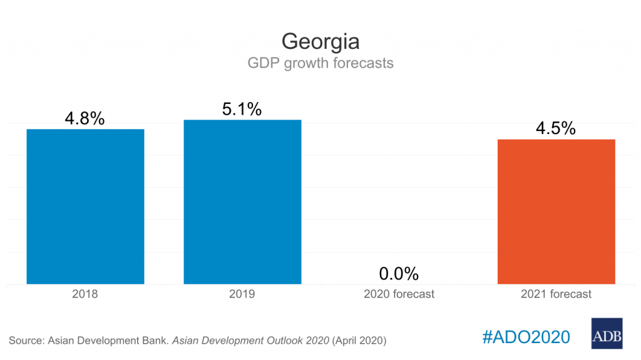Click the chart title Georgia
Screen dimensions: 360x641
click(320, 41)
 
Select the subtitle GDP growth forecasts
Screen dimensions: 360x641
click(320, 63)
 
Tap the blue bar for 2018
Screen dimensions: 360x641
click(85, 207)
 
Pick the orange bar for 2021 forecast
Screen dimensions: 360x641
click(556, 212)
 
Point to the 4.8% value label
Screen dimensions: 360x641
click(85, 118)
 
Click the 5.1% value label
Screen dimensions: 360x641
click(242, 109)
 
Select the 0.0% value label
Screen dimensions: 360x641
click(399, 274)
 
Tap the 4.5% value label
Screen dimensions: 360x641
click(556, 128)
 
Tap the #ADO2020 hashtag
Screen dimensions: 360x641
click(526, 337)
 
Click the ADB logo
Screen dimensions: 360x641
click(607, 333)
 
